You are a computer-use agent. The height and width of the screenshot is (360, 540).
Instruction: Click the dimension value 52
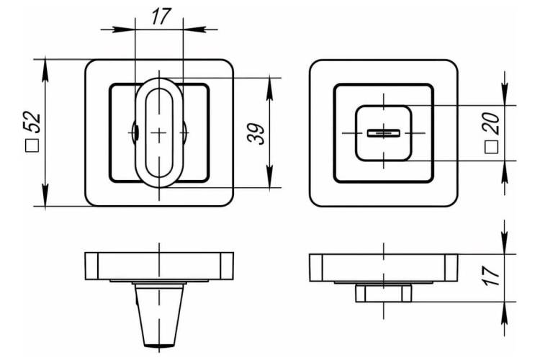point(32,122)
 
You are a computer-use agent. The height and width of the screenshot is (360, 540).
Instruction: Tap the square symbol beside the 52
point(32,145)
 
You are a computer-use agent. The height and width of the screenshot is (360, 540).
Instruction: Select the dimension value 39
point(256,133)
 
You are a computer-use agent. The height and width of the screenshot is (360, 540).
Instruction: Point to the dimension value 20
point(491,123)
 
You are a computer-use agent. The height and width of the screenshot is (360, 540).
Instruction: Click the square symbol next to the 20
point(492,147)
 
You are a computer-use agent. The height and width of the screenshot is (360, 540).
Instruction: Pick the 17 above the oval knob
point(161,17)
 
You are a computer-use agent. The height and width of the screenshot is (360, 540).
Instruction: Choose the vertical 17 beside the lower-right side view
point(492,276)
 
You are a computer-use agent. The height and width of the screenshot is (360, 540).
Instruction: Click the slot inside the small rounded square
point(383,133)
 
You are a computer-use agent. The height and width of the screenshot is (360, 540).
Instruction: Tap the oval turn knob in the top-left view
point(159,133)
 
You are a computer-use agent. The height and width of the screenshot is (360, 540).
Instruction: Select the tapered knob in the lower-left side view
point(159,315)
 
